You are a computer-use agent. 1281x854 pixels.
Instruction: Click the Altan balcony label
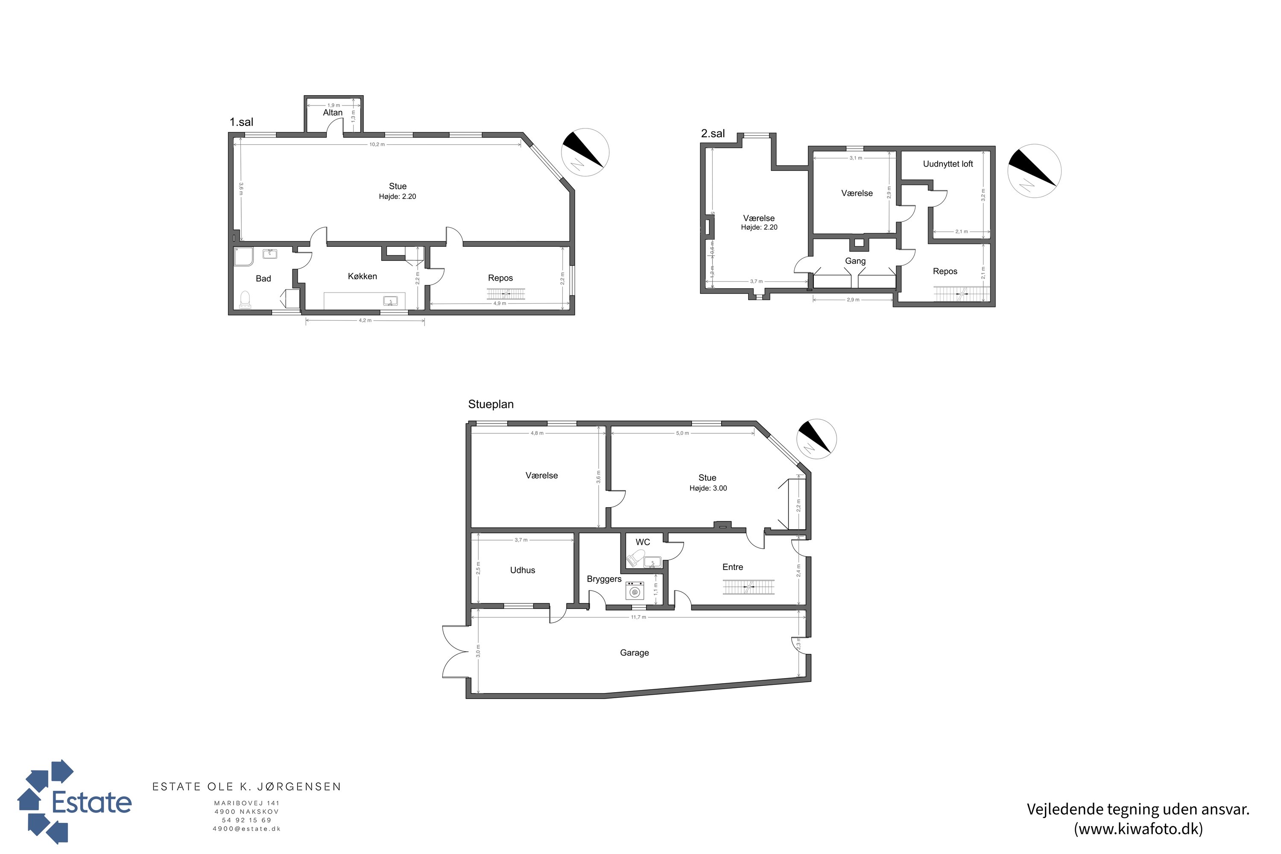pos(333,113)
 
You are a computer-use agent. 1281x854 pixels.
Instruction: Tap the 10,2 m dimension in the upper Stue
pos(377,144)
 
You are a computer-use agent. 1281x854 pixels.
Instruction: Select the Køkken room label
pos(362,276)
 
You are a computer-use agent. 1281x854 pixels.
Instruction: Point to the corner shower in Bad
pos(243,257)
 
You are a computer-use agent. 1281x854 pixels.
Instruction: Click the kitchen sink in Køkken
pos(390,301)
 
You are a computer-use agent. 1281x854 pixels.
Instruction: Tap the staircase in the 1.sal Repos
pos(506,294)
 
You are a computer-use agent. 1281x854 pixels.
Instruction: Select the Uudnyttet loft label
pos(948,164)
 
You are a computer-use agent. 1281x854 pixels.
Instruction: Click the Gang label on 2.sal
pos(855,261)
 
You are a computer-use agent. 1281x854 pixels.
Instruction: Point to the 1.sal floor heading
pos(241,122)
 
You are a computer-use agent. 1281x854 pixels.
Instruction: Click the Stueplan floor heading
pos(491,404)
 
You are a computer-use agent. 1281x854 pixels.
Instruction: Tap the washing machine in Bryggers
pos(635,591)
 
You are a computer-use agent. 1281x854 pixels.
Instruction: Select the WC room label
pos(643,542)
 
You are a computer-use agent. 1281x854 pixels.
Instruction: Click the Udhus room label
pos(522,570)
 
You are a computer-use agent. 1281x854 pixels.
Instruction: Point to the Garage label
pos(634,652)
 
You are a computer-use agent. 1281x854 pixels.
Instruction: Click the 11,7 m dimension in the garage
pos(638,617)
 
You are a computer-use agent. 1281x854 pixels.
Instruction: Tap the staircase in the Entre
pos(749,587)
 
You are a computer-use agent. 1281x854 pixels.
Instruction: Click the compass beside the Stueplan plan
pos(816,439)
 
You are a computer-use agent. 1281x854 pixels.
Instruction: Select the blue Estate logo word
pos(91,802)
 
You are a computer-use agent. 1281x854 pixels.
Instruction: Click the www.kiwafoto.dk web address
pos(1138,829)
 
